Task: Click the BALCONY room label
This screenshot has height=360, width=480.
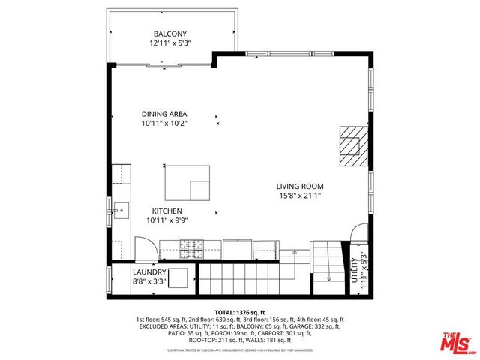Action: [170, 34]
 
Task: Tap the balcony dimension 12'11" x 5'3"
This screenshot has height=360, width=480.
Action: [170, 43]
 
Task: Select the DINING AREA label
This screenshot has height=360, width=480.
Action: [163, 114]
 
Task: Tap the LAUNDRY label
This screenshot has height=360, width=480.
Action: [149, 272]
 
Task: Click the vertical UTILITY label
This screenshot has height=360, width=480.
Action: [354, 269]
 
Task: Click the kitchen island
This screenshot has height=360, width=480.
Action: [188, 183]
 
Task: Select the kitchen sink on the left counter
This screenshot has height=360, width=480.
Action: [120, 208]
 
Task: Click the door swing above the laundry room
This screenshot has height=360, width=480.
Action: [145, 248]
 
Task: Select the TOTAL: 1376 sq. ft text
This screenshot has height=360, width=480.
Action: [239, 310]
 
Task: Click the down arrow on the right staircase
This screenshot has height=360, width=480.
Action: [328, 277]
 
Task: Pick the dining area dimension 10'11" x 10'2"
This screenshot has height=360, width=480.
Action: [163, 124]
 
